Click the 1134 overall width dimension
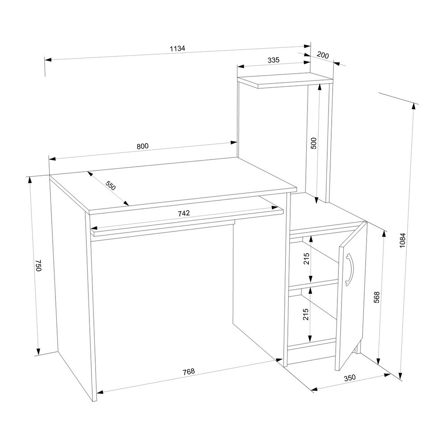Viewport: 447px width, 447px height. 177,48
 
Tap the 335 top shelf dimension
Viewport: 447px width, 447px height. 274,60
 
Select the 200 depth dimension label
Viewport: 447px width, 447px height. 323,55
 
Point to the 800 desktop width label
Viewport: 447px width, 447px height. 143,146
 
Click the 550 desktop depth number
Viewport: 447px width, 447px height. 110,186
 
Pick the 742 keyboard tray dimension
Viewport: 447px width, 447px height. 184,213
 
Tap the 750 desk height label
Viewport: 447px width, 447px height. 39,266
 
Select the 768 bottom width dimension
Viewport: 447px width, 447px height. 189,371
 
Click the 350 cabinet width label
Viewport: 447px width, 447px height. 350,378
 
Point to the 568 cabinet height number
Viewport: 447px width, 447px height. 376,297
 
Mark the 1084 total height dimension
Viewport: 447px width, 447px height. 402,240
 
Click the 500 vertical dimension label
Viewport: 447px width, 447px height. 313,143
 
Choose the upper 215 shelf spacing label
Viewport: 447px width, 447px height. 307,259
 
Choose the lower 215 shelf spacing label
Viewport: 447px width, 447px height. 306,314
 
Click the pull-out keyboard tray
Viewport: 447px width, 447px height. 187,223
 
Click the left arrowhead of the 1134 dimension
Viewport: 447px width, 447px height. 48,59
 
